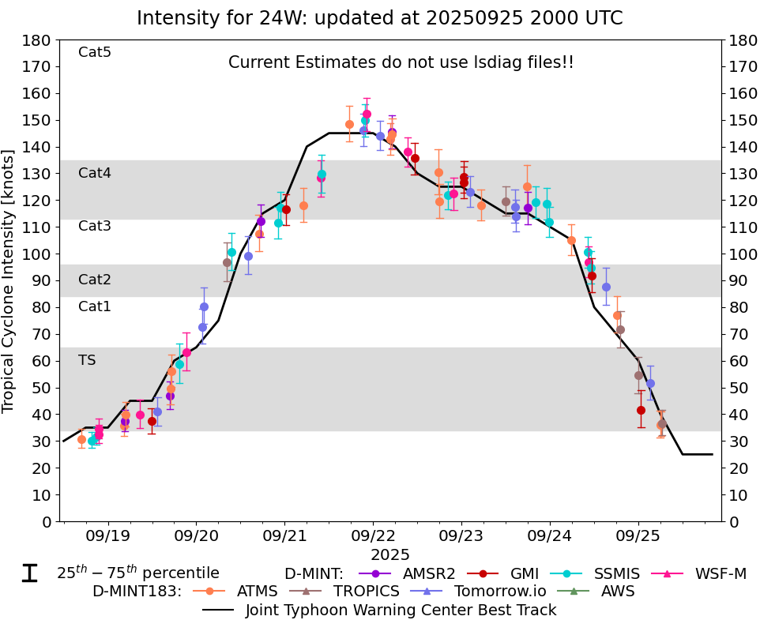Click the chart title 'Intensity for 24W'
point(379,18)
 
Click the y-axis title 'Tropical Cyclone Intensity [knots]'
point(9,280)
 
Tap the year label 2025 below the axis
point(390,556)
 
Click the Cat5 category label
point(95,53)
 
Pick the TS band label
point(87,360)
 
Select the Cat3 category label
point(95,227)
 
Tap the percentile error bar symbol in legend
point(29,573)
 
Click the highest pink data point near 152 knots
point(367,114)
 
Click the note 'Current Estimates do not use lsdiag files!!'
point(401,62)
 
